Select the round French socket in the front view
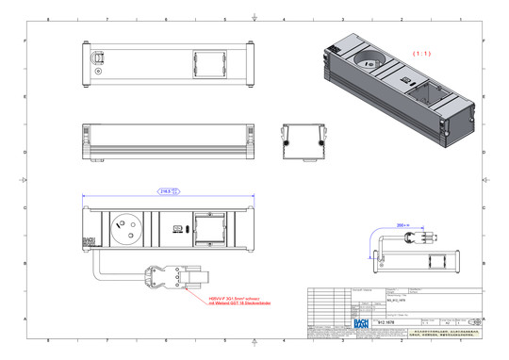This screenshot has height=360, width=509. pyautogui.click(x=123, y=227)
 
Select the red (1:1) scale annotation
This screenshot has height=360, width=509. pyautogui.click(x=421, y=53)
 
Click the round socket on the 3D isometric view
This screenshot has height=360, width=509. pyautogui.click(x=366, y=65)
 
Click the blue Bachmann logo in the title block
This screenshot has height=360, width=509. pyautogui.click(x=359, y=323)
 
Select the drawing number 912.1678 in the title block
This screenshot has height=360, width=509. pyautogui.click(x=386, y=323)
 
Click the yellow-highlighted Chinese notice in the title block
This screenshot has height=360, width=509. pyautogui.click(x=446, y=333)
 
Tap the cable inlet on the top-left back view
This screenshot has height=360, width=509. pyautogui.click(x=97, y=58)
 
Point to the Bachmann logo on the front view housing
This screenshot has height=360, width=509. pyautogui.click(x=89, y=240)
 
